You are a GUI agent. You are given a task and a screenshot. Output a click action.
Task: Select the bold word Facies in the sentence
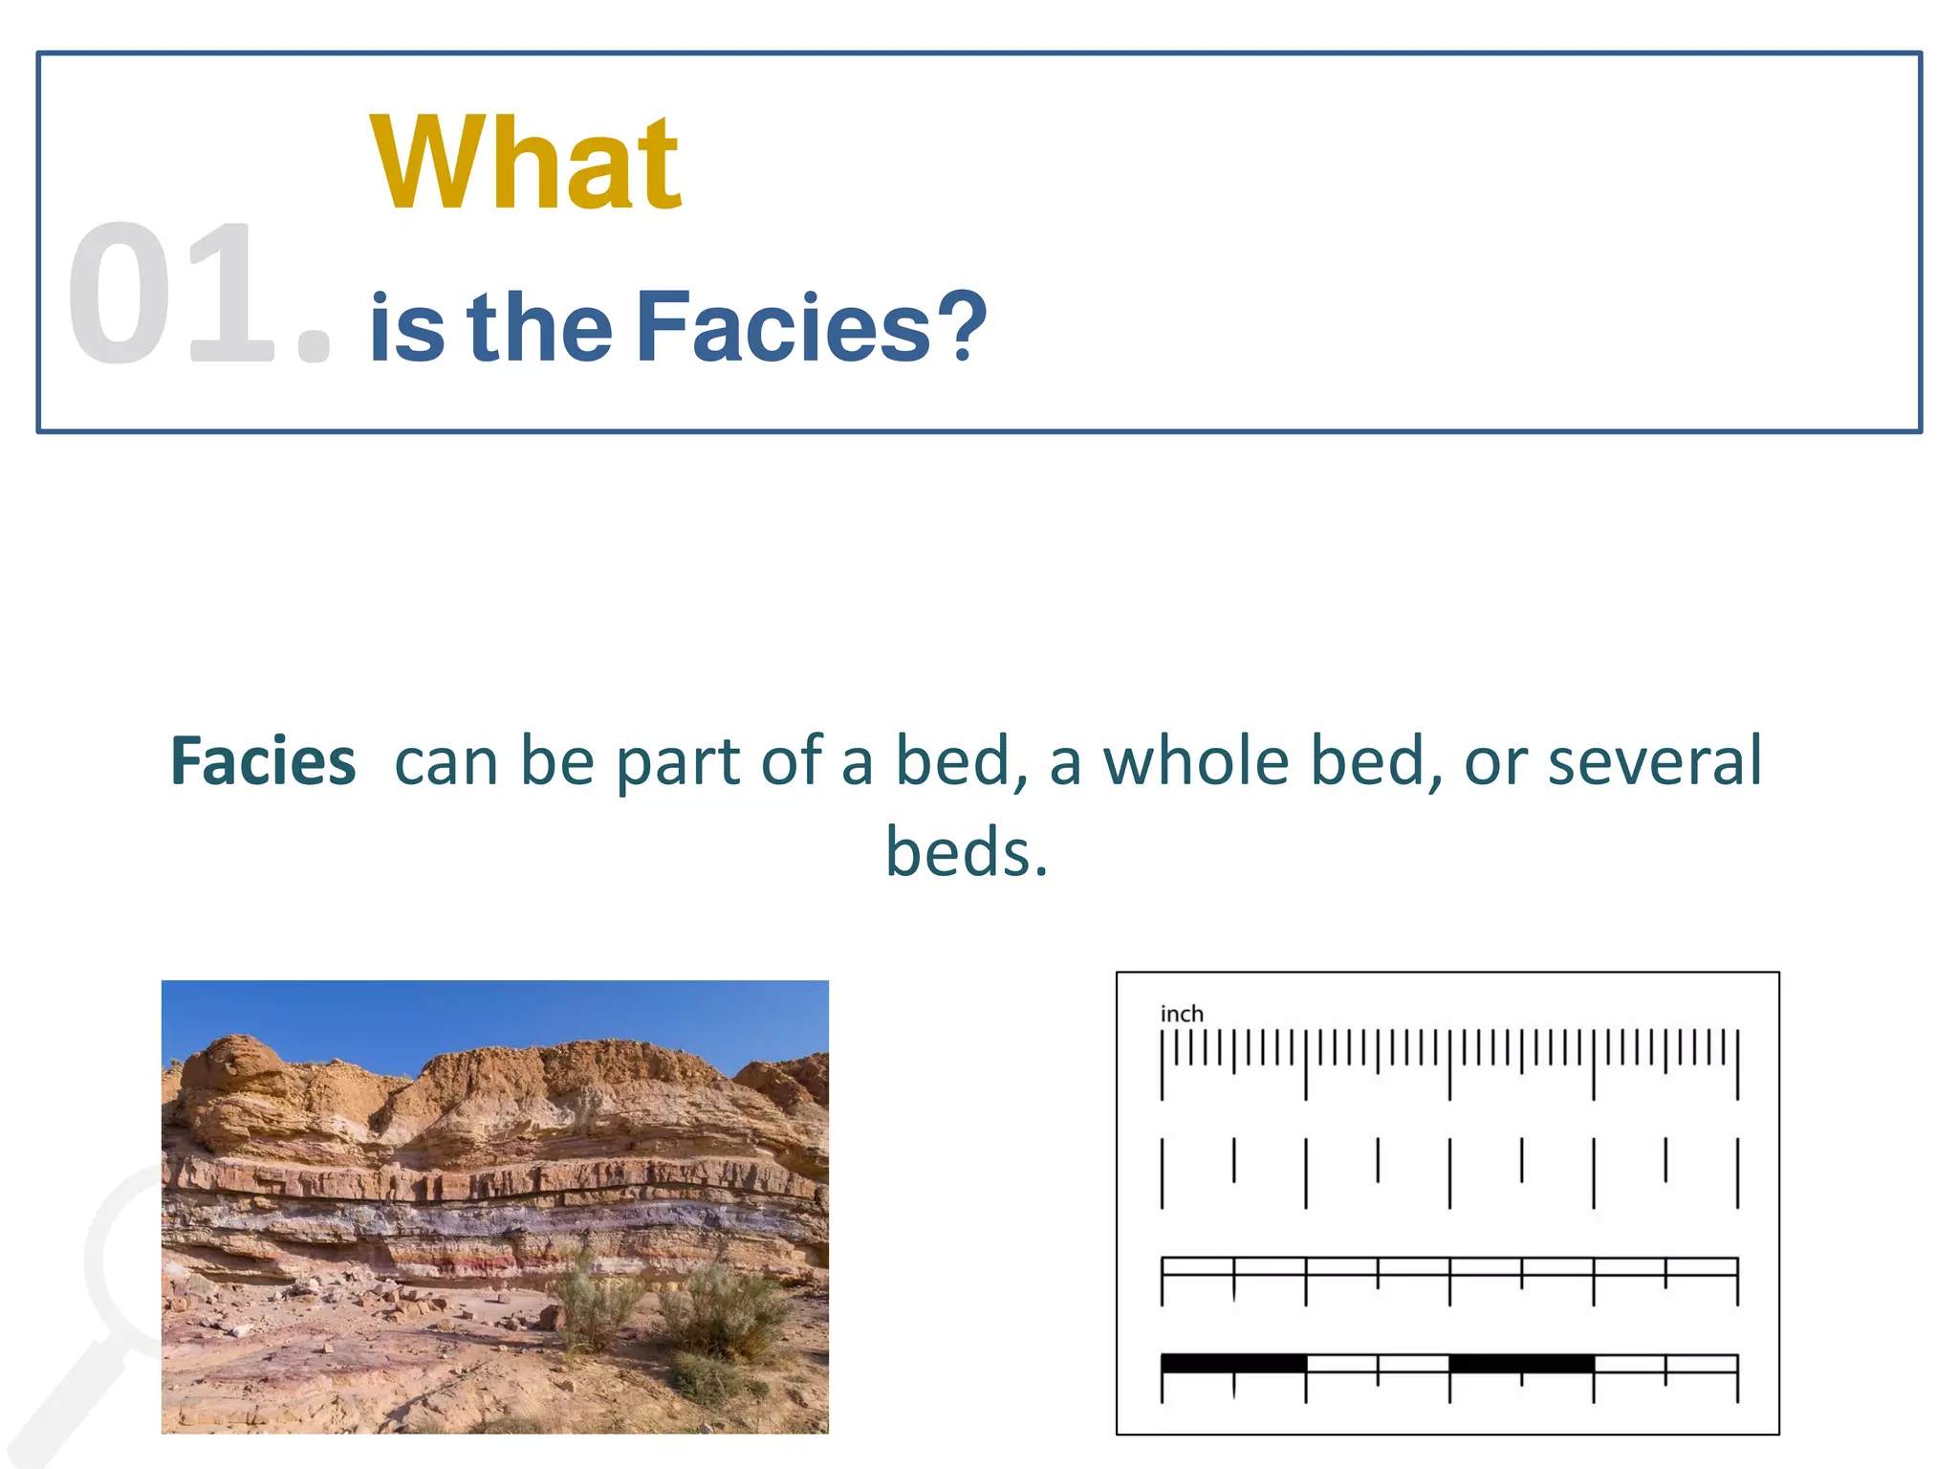tap(263, 762)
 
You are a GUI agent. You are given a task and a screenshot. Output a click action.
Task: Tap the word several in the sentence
tap(1654, 762)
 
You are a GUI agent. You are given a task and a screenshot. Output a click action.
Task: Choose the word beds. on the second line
tap(967, 851)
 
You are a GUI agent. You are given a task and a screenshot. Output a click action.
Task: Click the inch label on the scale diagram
tap(1182, 1014)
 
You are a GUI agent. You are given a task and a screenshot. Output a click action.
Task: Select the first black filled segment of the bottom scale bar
tap(1233, 1363)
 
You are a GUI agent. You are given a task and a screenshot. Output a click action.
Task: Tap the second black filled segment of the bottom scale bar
tap(1521, 1363)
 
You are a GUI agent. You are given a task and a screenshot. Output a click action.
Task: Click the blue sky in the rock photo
tap(497, 1014)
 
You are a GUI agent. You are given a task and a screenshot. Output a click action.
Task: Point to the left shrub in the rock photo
tap(598, 1301)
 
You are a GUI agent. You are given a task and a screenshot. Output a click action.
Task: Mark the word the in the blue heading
tap(540, 327)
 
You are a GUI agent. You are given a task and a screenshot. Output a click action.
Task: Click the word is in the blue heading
tap(406, 327)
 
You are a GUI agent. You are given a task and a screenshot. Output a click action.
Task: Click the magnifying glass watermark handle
tap(67, 1406)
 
